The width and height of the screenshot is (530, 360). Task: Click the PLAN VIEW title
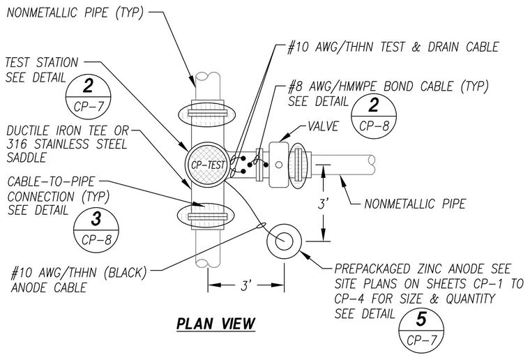pyautogui.click(x=215, y=324)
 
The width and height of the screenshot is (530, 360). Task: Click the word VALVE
pyautogui.click(x=323, y=126)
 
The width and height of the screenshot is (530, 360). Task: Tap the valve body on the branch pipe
pyautogui.click(x=279, y=165)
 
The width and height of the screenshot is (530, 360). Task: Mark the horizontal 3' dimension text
pyautogui.click(x=246, y=285)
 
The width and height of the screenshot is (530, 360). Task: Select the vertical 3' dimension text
pyautogui.click(x=324, y=204)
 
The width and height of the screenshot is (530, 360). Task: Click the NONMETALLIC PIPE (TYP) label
pyautogui.click(x=75, y=13)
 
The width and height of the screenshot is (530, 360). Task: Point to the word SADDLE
pyautogui.click(x=26, y=158)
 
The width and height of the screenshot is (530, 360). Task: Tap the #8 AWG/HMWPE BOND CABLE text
pyautogui.click(x=388, y=87)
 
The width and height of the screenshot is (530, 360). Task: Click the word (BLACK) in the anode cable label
pyautogui.click(x=126, y=273)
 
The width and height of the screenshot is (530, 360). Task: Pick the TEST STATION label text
pyautogui.click(x=42, y=63)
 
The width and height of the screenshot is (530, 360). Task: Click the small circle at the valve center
pyautogui.click(x=279, y=165)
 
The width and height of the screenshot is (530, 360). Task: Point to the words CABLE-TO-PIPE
pyautogui.click(x=52, y=182)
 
